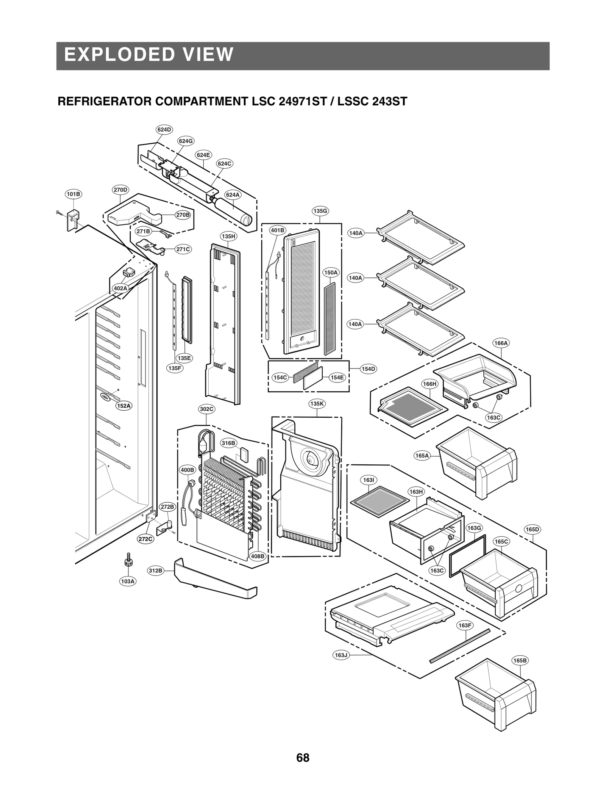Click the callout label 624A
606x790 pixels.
click(233, 195)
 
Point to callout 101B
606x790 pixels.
click(73, 194)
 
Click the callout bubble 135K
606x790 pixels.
click(317, 404)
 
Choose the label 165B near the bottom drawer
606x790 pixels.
click(520, 660)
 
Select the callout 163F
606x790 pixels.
click(465, 625)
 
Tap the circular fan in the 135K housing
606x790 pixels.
click(312, 460)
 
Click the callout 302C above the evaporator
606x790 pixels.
click(207, 409)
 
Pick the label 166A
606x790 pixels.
click(501, 343)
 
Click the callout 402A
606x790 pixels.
click(120, 288)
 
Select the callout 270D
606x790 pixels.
click(120, 190)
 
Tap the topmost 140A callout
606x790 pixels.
click(356, 233)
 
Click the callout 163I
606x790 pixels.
click(369, 480)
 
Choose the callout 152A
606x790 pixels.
click(124, 406)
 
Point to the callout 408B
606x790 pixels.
click(258, 556)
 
